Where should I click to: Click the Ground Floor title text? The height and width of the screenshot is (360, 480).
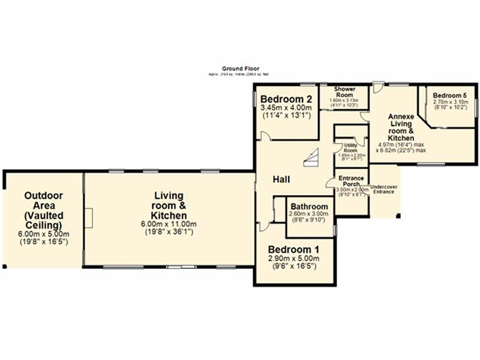[x=237, y=69]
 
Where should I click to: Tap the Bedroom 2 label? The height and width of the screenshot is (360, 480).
[x=286, y=99]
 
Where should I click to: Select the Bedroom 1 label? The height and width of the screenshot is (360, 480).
[x=293, y=250]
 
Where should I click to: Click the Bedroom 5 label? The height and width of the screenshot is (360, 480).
[x=446, y=95]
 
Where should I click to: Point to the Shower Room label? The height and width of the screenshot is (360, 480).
[x=346, y=92]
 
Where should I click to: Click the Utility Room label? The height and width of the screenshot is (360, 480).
[x=350, y=148]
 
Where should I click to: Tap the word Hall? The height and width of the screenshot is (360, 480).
[x=282, y=179]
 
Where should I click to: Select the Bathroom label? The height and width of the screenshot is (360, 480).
[x=309, y=205]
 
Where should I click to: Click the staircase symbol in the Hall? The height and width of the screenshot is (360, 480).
[x=311, y=159]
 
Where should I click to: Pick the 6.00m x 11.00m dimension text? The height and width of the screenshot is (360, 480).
[x=169, y=224]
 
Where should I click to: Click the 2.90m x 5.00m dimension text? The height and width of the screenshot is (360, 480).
[x=293, y=259]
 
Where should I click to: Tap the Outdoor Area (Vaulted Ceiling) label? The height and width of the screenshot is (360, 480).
[x=44, y=210]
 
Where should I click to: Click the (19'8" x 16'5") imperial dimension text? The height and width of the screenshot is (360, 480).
[x=44, y=241]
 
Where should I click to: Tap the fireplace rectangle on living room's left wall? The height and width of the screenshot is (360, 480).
[x=88, y=216]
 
